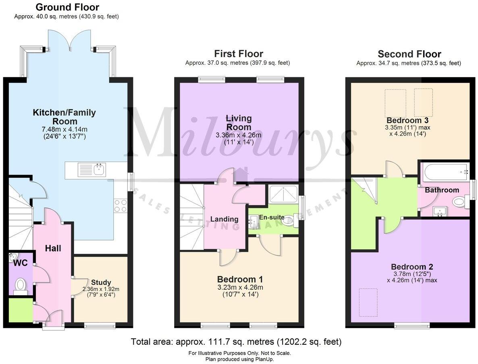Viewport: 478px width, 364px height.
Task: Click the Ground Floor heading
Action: [x=67, y=7]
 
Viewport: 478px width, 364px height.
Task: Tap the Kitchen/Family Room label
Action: [x=64, y=117]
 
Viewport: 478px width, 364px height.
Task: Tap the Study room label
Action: [x=101, y=282]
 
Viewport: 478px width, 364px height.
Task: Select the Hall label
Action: [x=53, y=249]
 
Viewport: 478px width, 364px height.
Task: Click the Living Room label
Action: [x=239, y=123]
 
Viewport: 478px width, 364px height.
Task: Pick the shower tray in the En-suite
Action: [x=284, y=194]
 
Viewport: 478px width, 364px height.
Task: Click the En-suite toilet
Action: [x=288, y=220]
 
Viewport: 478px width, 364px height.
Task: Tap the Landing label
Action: [x=224, y=219]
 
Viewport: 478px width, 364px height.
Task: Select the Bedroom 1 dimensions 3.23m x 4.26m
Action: [x=240, y=287]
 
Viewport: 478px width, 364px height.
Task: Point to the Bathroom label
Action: [x=442, y=190]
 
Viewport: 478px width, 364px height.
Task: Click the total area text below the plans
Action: [x=236, y=342]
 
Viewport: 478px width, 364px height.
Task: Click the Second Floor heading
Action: [x=409, y=54]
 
